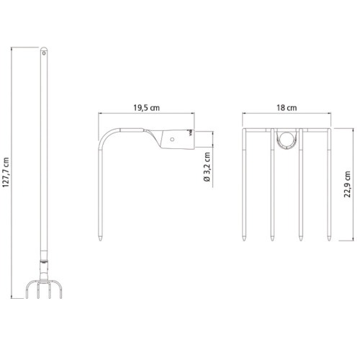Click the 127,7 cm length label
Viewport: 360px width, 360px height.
point(6,173)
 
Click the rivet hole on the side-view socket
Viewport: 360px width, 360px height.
point(174,140)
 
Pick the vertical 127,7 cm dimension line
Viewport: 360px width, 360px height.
point(14,173)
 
